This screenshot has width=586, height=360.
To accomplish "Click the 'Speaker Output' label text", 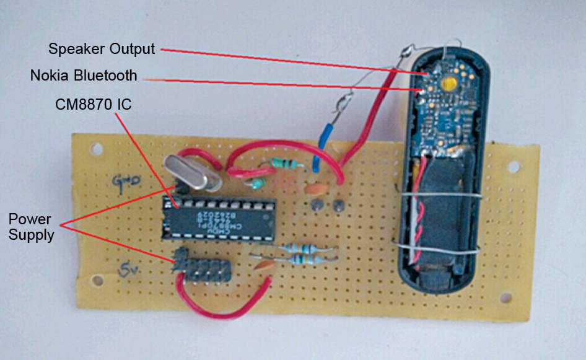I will click(x=101, y=48).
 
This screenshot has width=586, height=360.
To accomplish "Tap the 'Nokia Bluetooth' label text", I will click(x=84, y=76).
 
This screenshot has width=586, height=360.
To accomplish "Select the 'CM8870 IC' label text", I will click(x=93, y=105).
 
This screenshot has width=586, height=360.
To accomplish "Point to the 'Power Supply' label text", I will click(x=29, y=227).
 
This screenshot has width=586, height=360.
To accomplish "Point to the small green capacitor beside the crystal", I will click(x=253, y=183).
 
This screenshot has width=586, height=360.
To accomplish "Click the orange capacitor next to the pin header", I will click(x=264, y=266).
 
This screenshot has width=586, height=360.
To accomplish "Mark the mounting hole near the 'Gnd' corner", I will click(x=96, y=149).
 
